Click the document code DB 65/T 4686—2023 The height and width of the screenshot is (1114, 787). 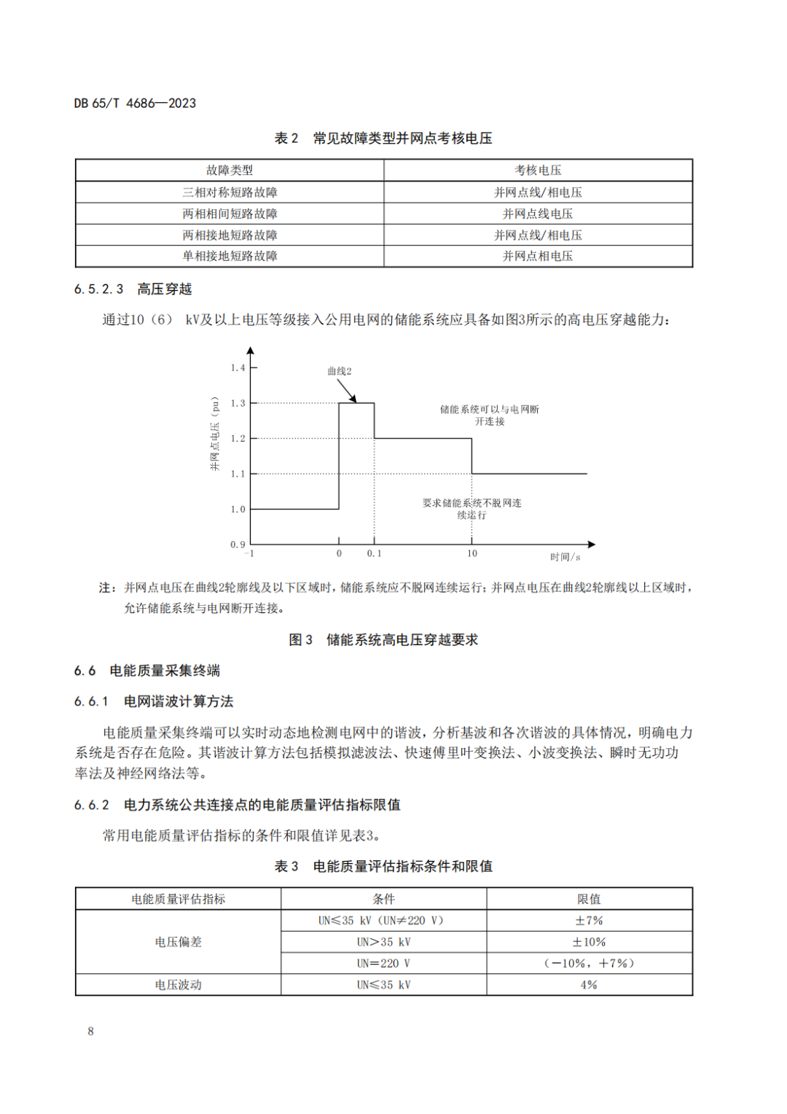(135, 104)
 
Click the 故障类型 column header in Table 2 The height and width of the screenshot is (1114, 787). (230, 171)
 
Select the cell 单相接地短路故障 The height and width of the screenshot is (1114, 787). (230, 256)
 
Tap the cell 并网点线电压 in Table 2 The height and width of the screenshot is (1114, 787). (538, 214)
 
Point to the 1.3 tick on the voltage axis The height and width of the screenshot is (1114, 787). (238, 403)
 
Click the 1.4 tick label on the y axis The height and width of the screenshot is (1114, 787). (238, 367)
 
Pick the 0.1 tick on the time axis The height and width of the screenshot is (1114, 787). (374, 554)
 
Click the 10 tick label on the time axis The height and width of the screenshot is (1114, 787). (472, 554)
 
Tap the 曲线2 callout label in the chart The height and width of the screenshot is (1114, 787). (340, 371)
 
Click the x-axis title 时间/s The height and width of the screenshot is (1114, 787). (565, 557)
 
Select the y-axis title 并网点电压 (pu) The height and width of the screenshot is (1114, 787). (215, 434)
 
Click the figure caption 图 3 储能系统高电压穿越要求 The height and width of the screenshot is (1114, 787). (383, 639)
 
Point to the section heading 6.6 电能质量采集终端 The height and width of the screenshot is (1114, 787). (147, 671)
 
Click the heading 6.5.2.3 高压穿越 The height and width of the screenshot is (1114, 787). (133, 289)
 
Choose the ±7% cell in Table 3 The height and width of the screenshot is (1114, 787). (589, 921)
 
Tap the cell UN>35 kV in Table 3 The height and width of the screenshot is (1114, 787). (383, 942)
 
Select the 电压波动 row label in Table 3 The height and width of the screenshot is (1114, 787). (178, 985)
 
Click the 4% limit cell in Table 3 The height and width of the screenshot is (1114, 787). (589, 985)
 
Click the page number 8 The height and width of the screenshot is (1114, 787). (90, 1031)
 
